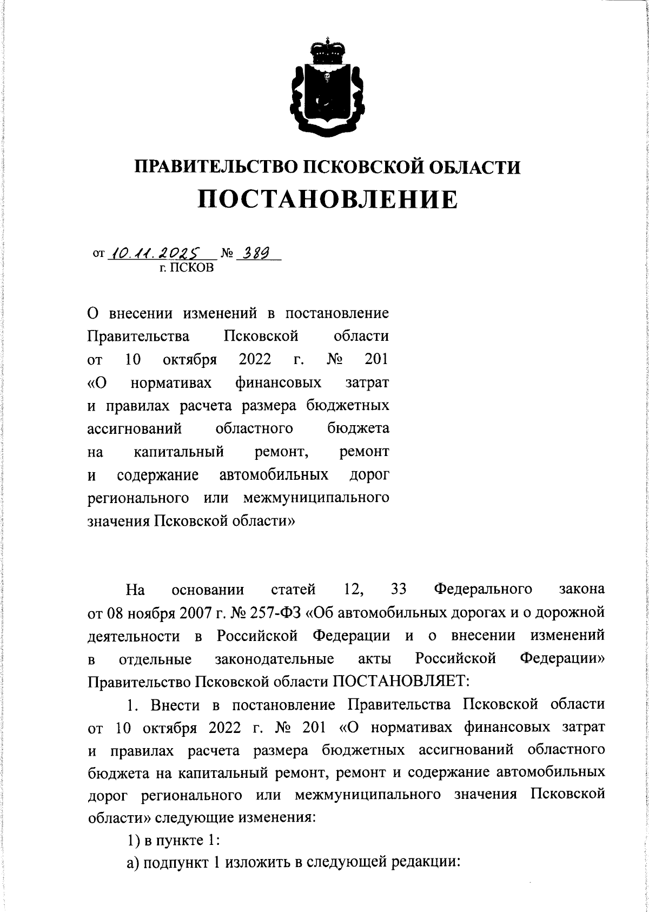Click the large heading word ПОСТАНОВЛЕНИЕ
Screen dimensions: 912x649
[x=327, y=199]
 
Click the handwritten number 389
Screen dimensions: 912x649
[x=257, y=252]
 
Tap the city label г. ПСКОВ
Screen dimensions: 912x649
[x=183, y=267]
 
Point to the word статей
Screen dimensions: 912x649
[x=293, y=589]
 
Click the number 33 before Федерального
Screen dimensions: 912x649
[x=398, y=589]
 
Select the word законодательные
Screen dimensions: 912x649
[x=274, y=659]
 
